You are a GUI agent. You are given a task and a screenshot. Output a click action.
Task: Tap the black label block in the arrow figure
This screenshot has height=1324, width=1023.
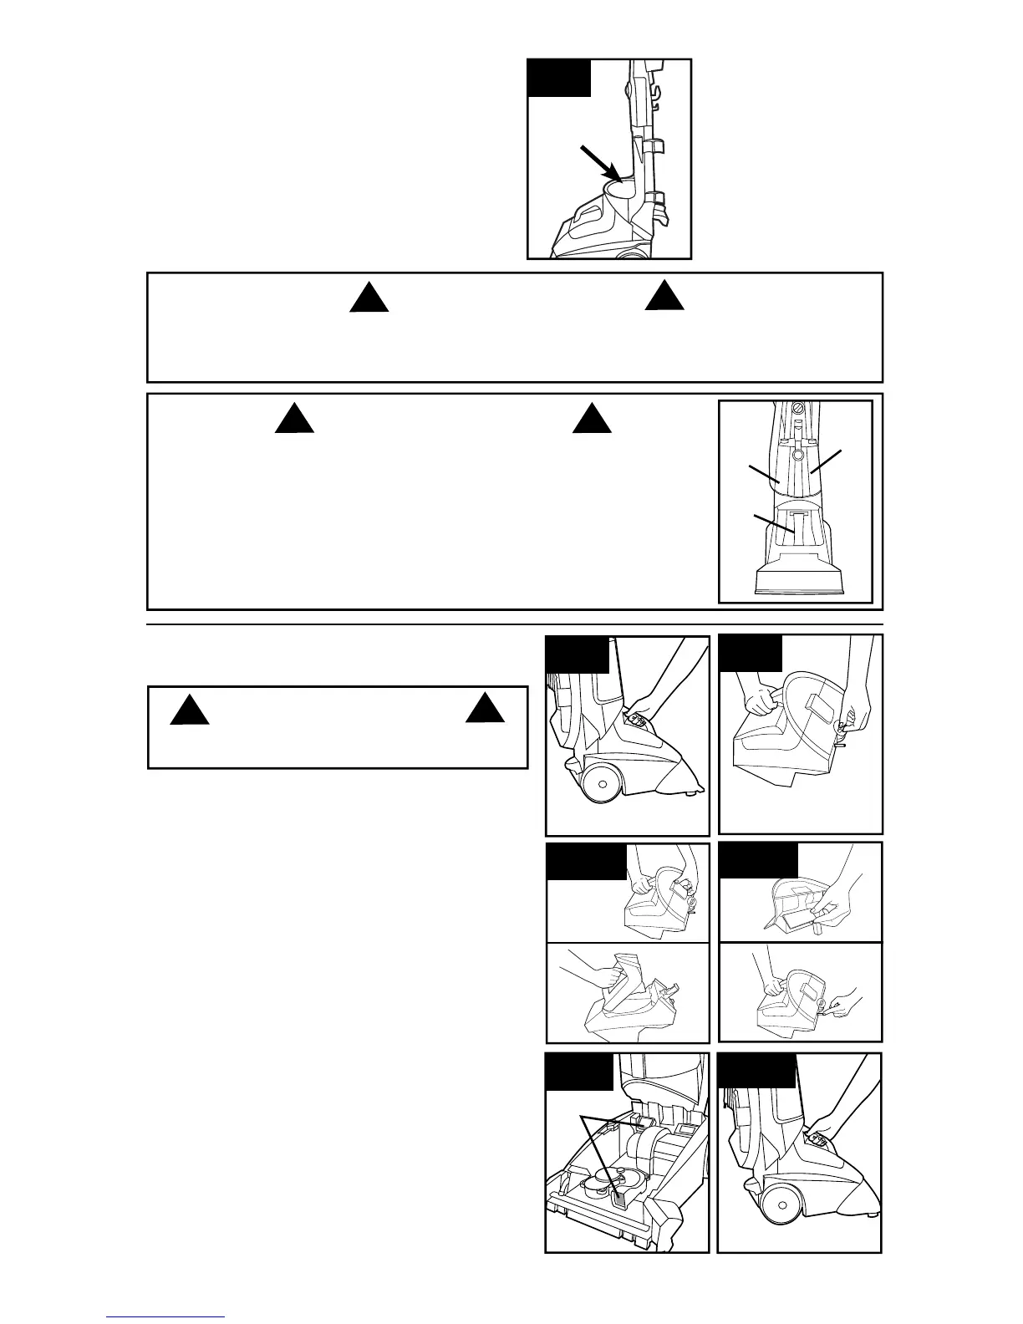click(560, 78)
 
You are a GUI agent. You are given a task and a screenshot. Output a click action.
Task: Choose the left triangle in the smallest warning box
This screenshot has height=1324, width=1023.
click(189, 711)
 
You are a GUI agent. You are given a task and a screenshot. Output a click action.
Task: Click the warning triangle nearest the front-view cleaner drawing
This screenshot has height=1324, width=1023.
click(593, 419)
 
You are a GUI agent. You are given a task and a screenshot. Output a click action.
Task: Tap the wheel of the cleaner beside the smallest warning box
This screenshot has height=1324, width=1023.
click(603, 785)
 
